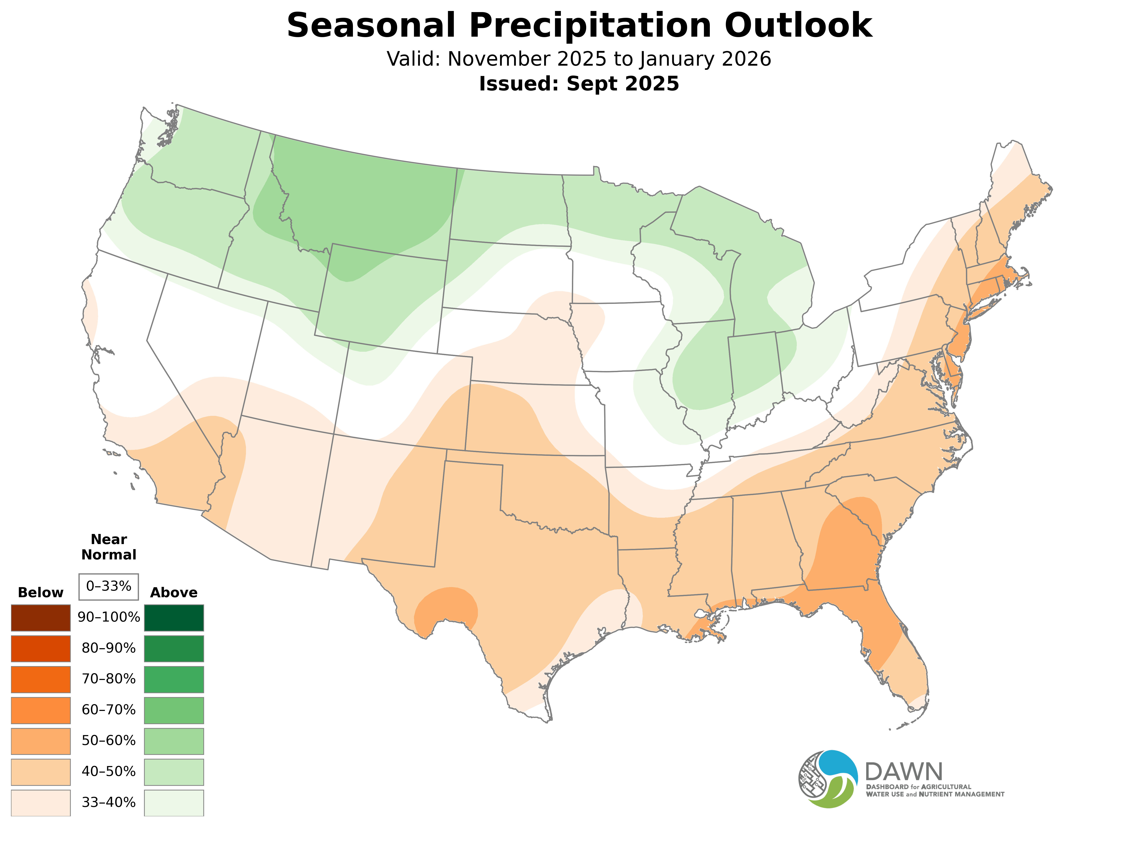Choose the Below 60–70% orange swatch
tap(41, 710)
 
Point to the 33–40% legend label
tap(108, 802)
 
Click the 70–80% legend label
tap(108, 679)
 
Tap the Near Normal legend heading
tap(108, 547)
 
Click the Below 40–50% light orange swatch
tap(41, 772)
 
